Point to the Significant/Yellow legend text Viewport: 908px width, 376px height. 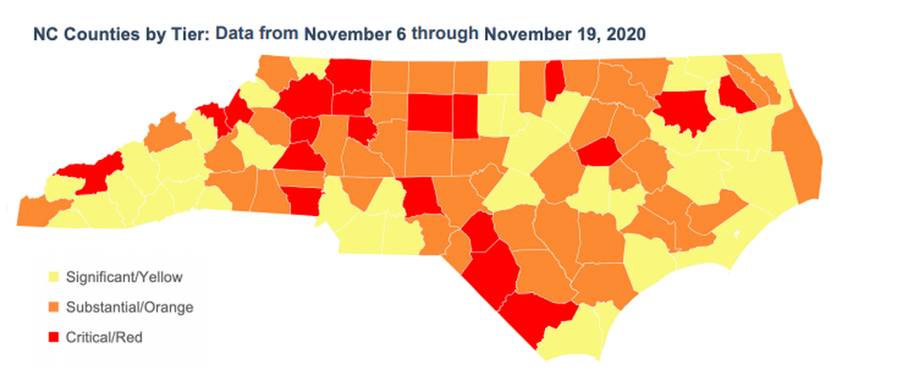[125, 278]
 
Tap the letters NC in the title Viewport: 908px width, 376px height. [44, 35]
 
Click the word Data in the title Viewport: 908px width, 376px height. [238, 34]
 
